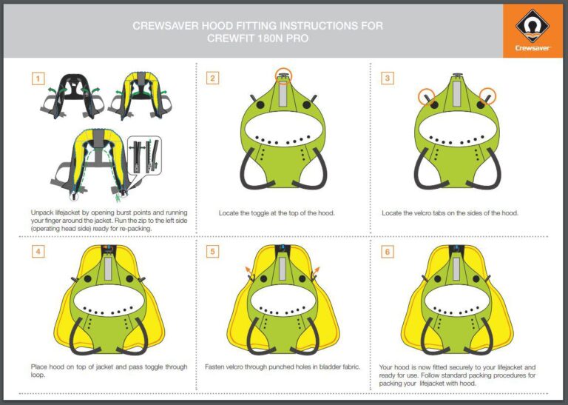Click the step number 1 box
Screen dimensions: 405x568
click(38, 78)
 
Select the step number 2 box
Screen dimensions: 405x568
click(212, 78)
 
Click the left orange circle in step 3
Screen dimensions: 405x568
click(426, 97)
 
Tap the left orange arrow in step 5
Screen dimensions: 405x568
click(249, 269)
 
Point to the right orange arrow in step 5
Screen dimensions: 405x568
click(317, 269)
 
